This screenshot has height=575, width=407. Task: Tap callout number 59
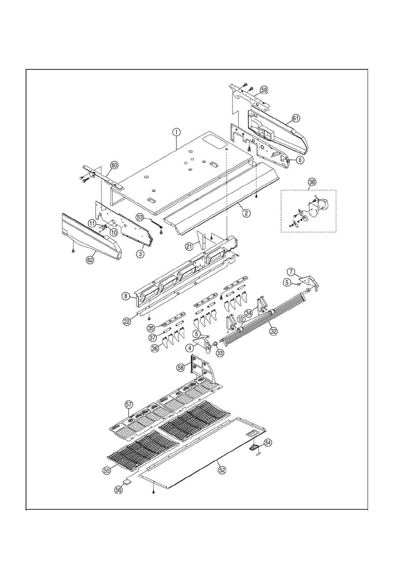tap(264, 90)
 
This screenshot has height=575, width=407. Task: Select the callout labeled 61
tap(296, 118)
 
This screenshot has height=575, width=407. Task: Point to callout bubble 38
tap(312, 182)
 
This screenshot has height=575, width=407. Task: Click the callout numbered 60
tap(114, 165)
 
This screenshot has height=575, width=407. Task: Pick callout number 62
tap(90, 260)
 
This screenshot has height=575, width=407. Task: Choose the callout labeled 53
tap(140, 217)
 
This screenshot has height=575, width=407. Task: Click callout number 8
tap(126, 296)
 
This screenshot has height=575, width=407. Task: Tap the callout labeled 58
tap(181, 367)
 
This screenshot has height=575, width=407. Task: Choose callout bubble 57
tap(129, 405)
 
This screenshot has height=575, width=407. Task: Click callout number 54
tap(268, 443)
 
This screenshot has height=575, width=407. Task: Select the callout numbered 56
tap(118, 489)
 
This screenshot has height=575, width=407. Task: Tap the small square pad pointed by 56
tap(128, 481)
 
